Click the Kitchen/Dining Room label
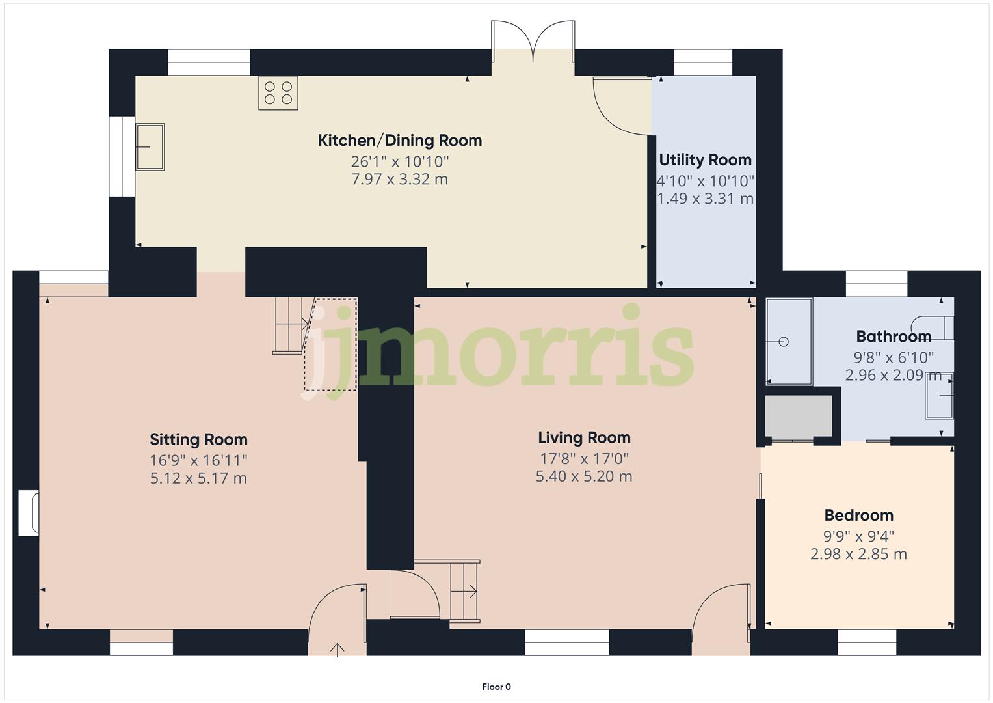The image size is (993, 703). click(399, 141)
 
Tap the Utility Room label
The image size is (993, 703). click(705, 160)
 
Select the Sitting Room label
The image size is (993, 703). click(198, 439)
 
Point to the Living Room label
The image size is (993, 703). click(584, 437)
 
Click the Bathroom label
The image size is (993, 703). click(893, 337)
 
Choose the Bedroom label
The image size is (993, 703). click(858, 516)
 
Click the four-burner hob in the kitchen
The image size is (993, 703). click(278, 92)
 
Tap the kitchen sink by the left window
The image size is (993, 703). click(150, 147)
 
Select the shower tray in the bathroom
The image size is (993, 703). click(789, 341)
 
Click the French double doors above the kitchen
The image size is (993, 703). click(533, 42)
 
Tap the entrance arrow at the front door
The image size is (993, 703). click(338, 649)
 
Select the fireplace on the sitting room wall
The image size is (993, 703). click(28, 513)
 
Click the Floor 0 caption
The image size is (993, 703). click(496, 687)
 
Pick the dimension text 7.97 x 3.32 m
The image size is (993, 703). click(399, 180)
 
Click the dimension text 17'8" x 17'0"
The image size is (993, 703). click(584, 458)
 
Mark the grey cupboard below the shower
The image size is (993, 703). click(799, 416)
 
